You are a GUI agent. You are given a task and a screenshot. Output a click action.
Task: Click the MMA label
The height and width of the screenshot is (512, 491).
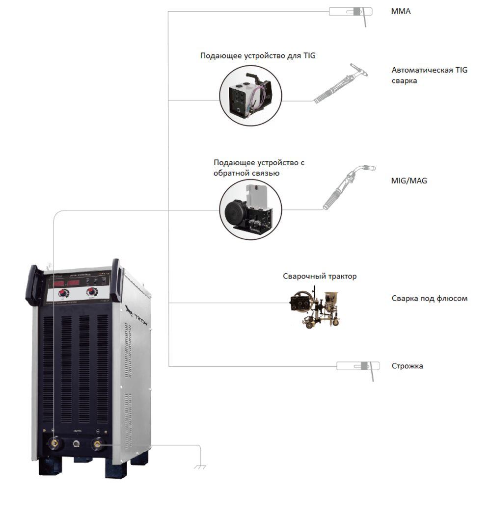pos(401,11)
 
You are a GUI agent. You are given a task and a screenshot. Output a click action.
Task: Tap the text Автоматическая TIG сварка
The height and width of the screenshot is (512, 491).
pos(429,75)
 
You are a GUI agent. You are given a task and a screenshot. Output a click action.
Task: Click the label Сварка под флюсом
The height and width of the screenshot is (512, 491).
pos(429,298)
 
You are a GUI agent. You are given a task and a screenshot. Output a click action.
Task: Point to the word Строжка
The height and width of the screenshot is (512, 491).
pos(407,366)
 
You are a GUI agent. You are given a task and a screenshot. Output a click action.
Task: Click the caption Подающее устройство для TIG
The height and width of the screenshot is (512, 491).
pos(257,56)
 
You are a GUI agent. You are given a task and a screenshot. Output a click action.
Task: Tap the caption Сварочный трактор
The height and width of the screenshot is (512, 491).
pos(320,276)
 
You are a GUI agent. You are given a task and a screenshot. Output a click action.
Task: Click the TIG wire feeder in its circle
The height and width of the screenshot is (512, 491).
pos(250,95)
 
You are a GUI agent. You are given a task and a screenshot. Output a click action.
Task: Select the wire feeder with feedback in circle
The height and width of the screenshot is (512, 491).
pos(250,208)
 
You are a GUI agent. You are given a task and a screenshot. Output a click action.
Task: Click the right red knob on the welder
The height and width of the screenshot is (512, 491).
pos(92,293)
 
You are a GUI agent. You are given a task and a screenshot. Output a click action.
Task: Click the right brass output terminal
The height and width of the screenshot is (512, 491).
pos(98,444)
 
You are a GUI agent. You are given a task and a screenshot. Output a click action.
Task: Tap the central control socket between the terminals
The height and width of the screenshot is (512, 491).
pos(77,444)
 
